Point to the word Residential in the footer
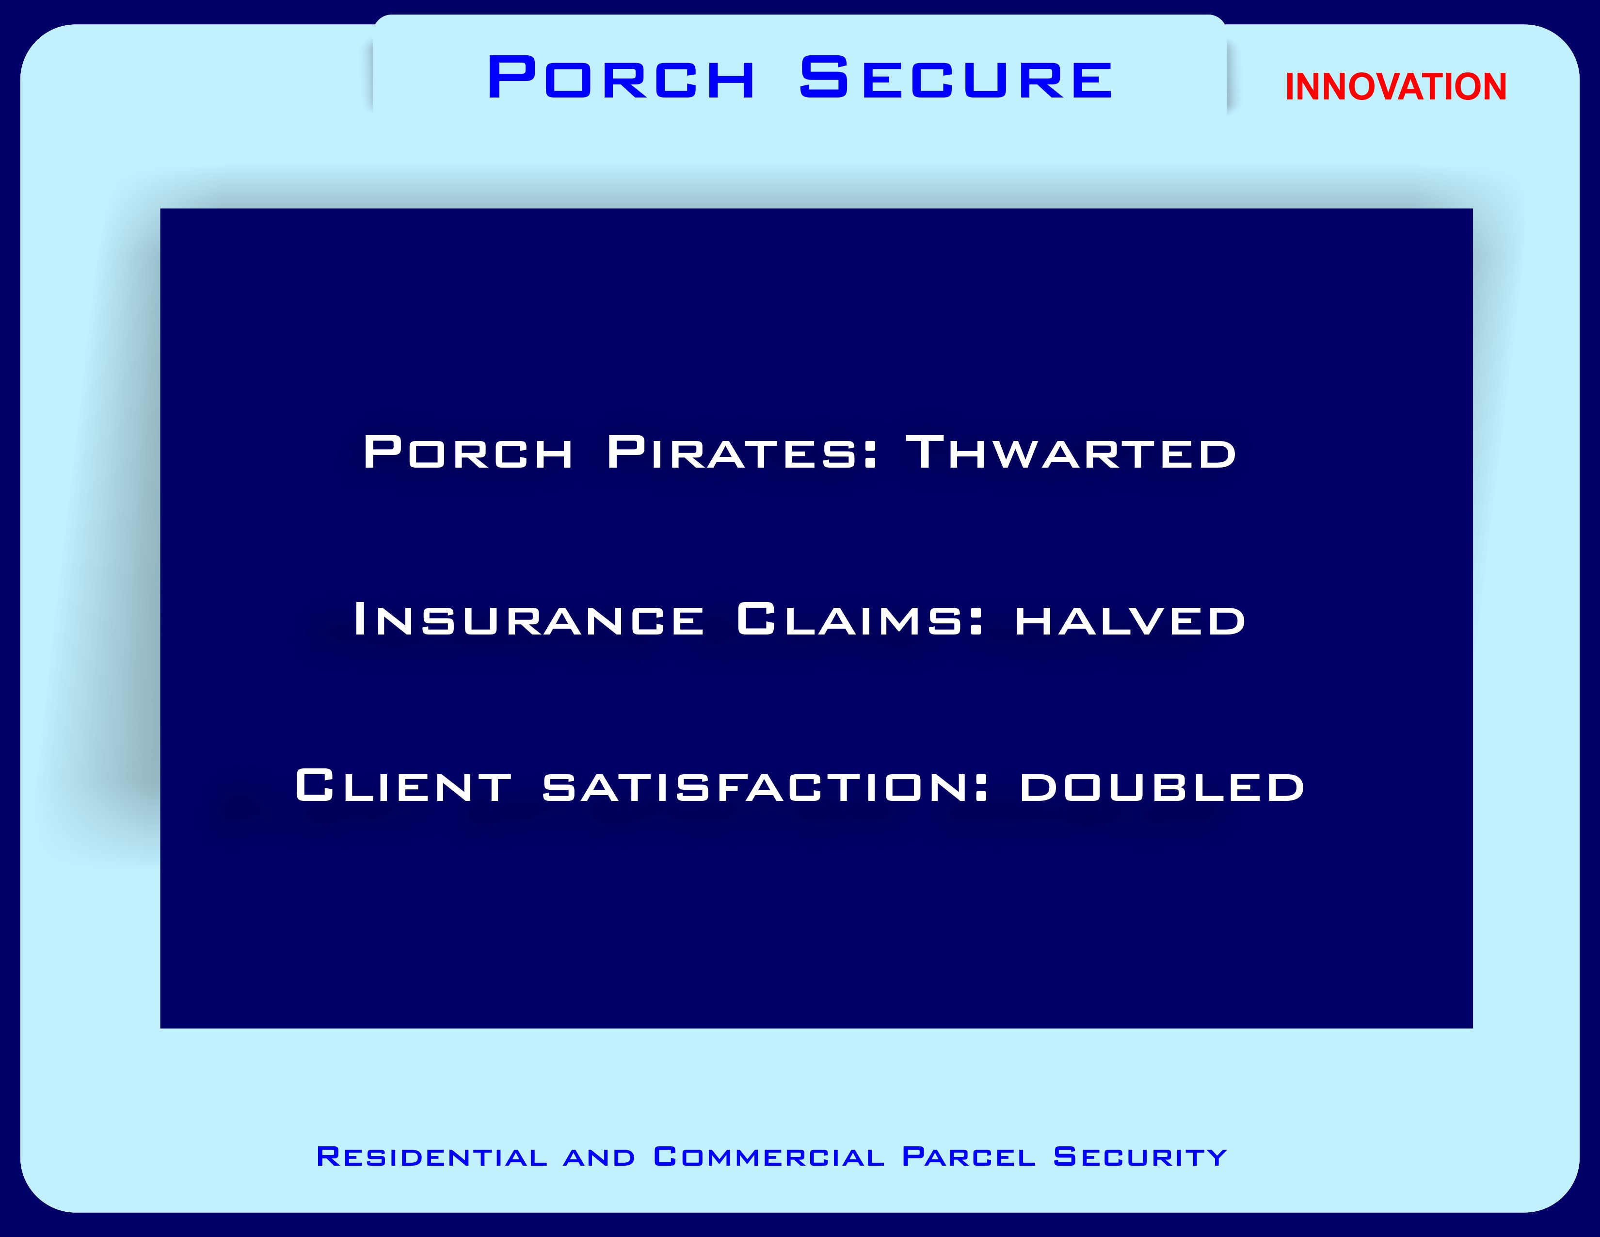(432, 1156)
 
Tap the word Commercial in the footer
(769, 1156)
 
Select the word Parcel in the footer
(969, 1156)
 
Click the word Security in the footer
(1140, 1156)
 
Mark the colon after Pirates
(870, 455)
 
